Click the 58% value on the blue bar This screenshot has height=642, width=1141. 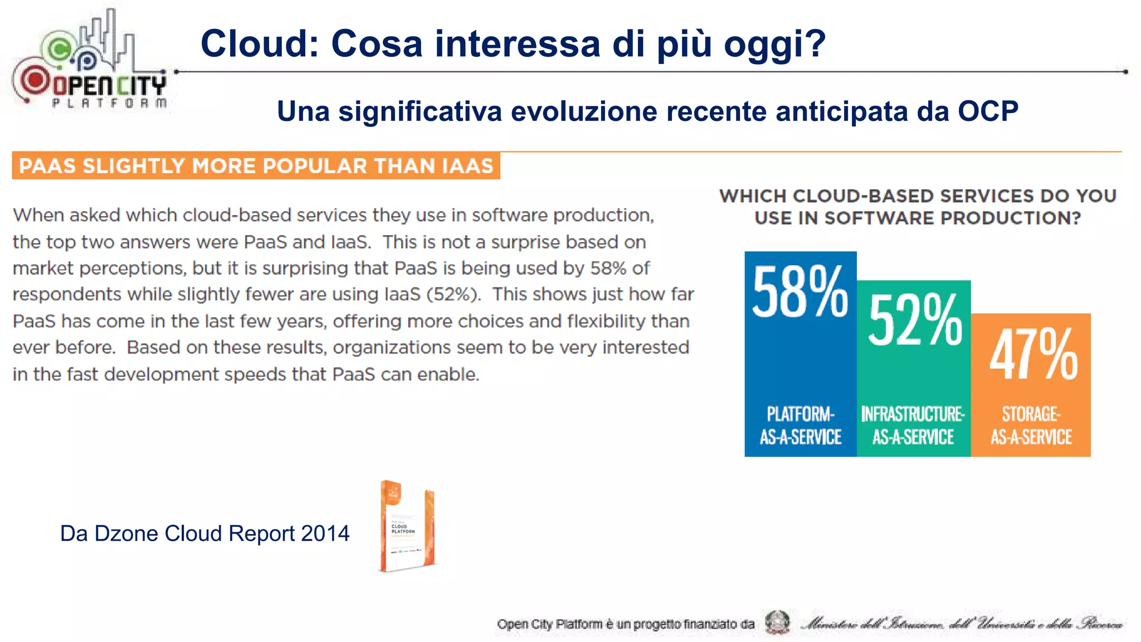click(800, 292)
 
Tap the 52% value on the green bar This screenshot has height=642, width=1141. click(915, 320)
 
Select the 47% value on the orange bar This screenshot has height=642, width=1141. click(1033, 355)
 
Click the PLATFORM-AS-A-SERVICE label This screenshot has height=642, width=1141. click(801, 426)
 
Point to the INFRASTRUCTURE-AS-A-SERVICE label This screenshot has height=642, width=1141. click(913, 426)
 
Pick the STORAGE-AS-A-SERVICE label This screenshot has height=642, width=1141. click(1031, 426)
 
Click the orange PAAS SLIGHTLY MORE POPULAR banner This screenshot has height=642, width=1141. click(256, 166)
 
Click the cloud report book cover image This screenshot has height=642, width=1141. click(407, 527)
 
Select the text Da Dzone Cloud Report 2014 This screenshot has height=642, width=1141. click(204, 534)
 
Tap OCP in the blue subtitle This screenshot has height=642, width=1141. click(988, 111)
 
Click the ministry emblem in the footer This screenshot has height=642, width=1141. click(777, 622)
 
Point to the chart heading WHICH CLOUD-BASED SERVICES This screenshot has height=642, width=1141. click(918, 207)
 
